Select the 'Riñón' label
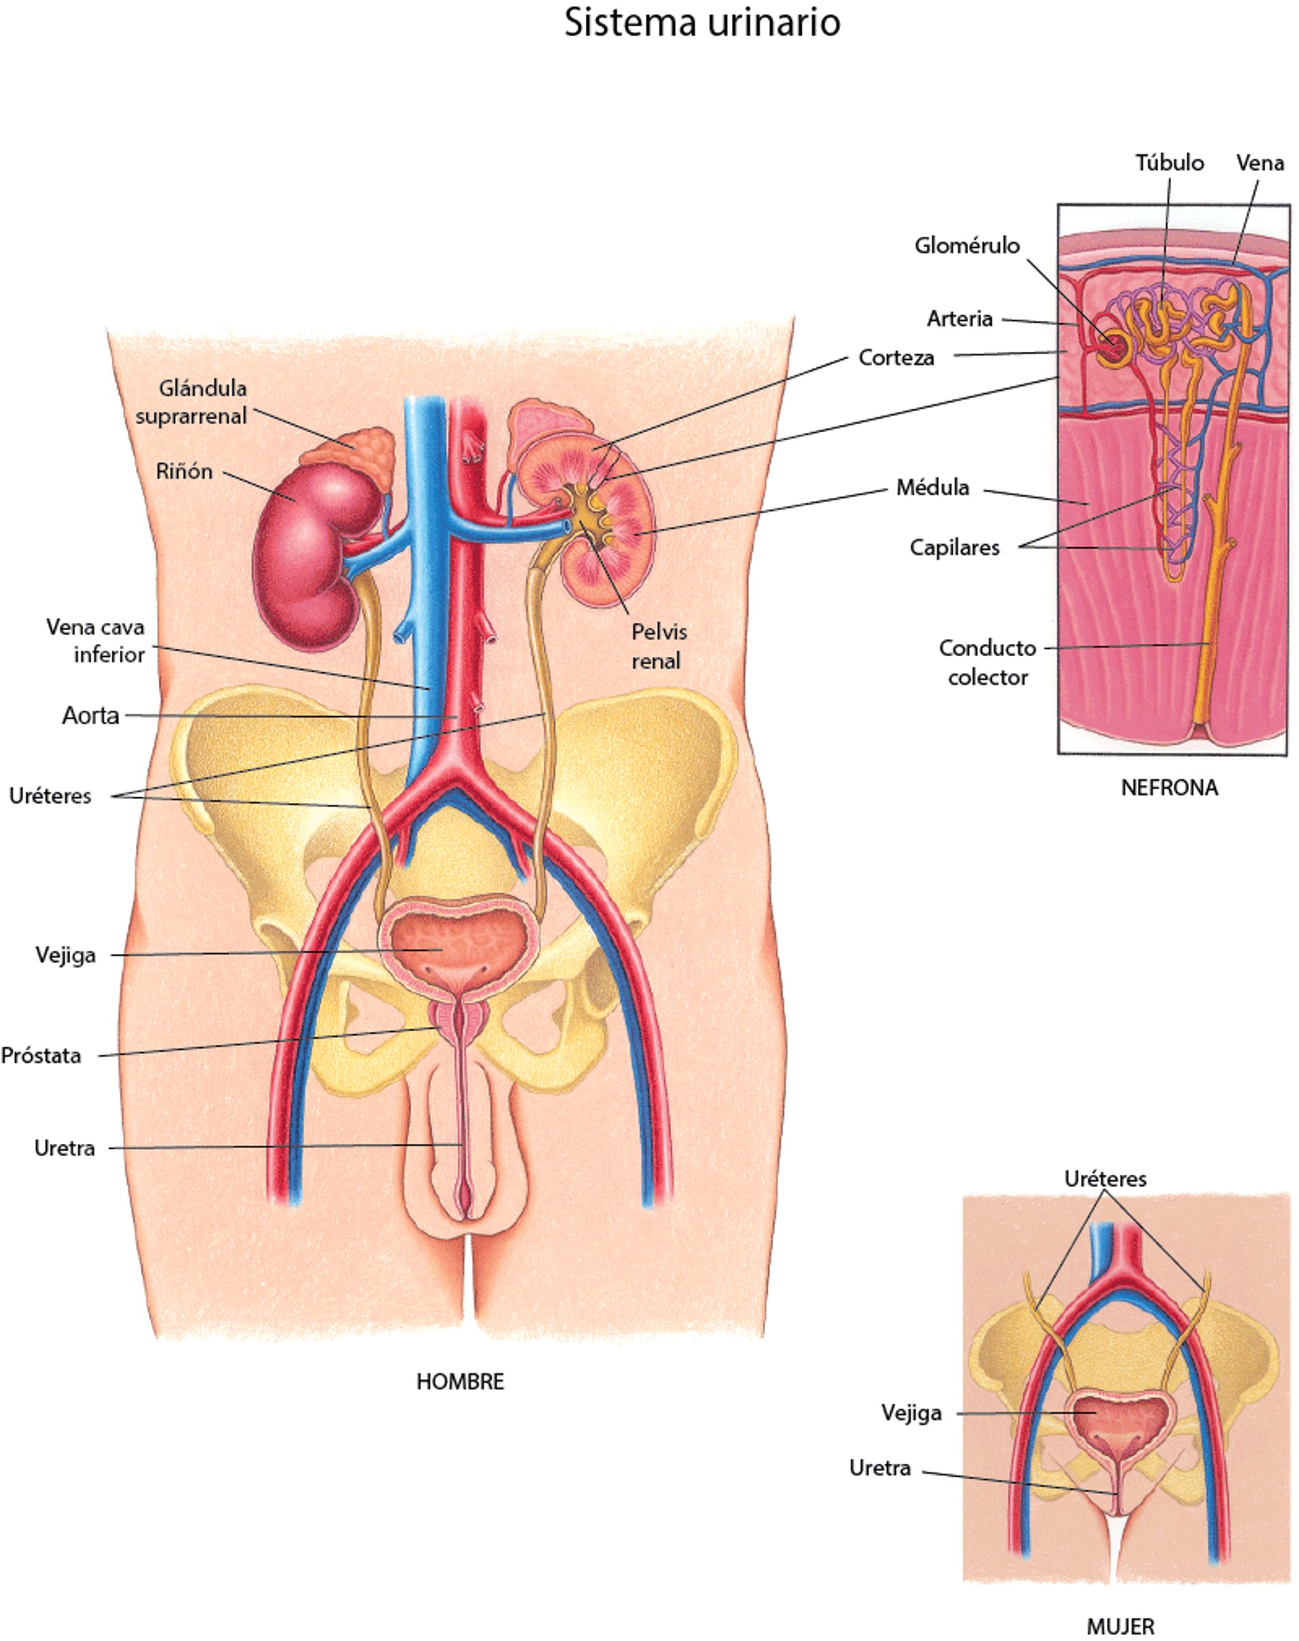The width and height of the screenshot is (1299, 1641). (184, 471)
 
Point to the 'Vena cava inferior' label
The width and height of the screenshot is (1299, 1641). (97, 641)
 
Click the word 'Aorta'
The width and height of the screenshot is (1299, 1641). (91, 716)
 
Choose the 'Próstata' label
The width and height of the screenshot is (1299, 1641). (41, 1055)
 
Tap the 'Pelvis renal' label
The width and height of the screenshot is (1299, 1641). (658, 647)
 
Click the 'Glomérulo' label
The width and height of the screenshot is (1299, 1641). (967, 246)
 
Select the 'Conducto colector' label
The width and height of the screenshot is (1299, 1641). (987, 662)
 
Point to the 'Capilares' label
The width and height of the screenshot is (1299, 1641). (955, 547)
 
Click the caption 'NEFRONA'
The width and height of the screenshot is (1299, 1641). (1169, 788)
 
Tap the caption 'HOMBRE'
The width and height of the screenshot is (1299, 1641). (460, 1382)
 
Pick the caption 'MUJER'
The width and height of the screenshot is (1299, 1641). (1120, 1627)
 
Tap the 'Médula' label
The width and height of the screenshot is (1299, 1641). (932, 488)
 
